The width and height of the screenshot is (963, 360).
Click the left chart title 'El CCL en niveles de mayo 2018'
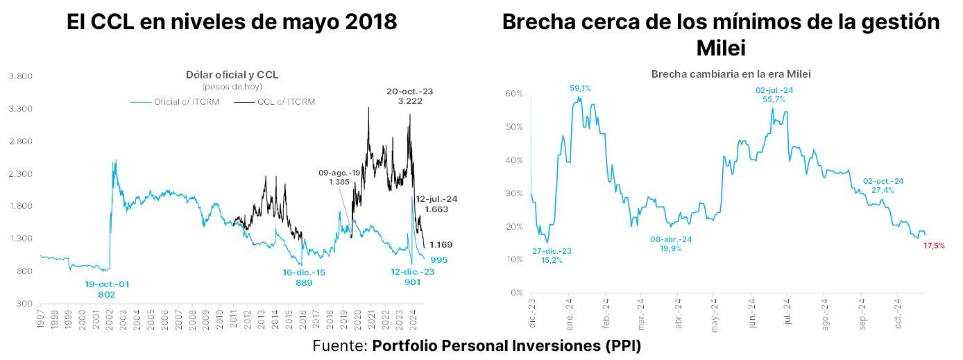[232, 22]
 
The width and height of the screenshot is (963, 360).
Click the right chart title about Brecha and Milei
[721, 35]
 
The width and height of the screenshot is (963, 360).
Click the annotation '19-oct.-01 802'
[107, 289]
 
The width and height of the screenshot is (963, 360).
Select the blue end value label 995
[438, 260]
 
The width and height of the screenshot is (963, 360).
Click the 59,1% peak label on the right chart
[580, 88]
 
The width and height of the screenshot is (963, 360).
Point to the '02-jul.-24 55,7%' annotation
[774, 95]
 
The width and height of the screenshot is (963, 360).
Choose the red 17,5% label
[934, 246]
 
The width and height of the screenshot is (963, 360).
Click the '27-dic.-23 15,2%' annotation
[552, 256]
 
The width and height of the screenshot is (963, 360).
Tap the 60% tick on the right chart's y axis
[513, 93]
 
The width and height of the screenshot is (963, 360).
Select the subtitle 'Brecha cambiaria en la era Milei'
[731, 74]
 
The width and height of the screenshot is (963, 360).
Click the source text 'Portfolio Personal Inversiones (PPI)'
[506, 345]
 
